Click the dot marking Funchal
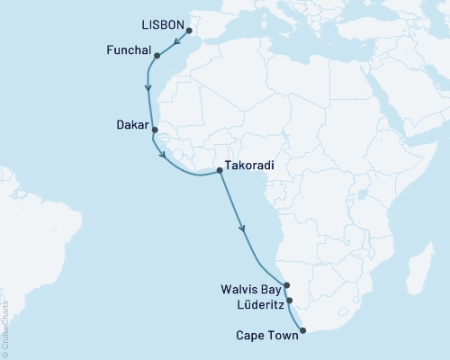[x=157, y=56]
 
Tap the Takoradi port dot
[x=220, y=170]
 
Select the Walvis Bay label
[x=251, y=291]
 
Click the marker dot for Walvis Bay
[x=286, y=285]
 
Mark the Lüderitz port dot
[x=290, y=300]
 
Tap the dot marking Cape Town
[x=302, y=330]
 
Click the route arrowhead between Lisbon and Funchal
[x=170, y=42]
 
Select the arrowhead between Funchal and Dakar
[x=148, y=88]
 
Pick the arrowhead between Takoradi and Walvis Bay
[x=242, y=229]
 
